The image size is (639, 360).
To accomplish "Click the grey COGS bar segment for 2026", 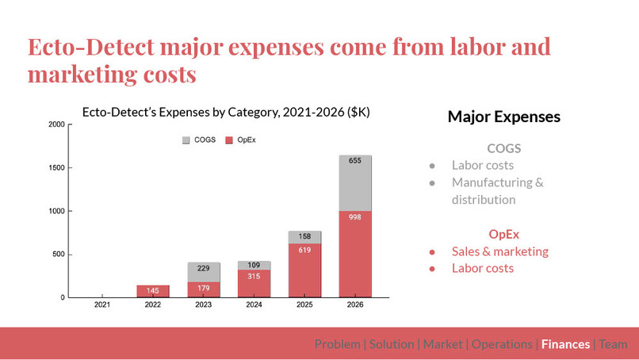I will (x=354, y=183).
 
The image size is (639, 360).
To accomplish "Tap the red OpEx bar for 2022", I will (x=152, y=291).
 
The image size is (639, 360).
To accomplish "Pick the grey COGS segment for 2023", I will (x=203, y=272).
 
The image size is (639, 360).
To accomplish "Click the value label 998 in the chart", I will (x=354, y=216).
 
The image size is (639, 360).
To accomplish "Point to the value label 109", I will (x=254, y=265).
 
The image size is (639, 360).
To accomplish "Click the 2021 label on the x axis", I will (x=102, y=304).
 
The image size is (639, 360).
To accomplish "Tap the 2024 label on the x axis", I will (x=254, y=304).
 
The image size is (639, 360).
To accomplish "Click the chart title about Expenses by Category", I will (x=226, y=113).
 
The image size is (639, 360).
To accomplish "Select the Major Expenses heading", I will (x=503, y=117).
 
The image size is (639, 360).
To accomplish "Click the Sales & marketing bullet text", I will (x=499, y=251).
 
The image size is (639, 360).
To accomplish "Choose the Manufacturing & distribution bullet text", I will (x=497, y=191).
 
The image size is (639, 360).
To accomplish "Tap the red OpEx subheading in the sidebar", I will (x=504, y=234).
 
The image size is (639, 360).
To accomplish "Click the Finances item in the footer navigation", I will (x=565, y=344).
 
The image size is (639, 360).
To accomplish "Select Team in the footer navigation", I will (x=613, y=344).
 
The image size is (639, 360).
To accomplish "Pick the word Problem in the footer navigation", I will (x=338, y=344).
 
